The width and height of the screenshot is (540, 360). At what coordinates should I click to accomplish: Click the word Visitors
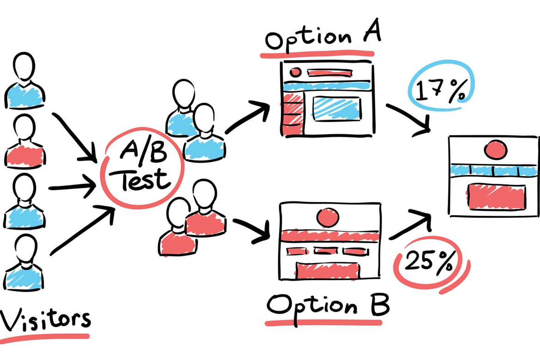click(x=45, y=320)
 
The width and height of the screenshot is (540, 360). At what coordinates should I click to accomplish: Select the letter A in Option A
click(x=371, y=32)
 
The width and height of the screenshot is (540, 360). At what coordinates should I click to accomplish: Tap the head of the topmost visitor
click(x=24, y=66)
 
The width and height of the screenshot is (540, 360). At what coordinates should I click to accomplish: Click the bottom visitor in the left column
click(x=24, y=263)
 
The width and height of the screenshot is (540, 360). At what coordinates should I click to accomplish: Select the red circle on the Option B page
click(x=328, y=217)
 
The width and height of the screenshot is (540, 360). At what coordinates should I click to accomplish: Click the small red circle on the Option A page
click(x=295, y=72)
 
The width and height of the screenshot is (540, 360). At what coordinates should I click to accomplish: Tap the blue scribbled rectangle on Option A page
click(x=336, y=108)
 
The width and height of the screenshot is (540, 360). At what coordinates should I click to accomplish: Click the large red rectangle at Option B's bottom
click(x=327, y=271)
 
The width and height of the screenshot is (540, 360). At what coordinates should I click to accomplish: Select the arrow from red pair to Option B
click(x=252, y=231)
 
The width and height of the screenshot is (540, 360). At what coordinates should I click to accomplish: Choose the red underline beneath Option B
click(x=324, y=323)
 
